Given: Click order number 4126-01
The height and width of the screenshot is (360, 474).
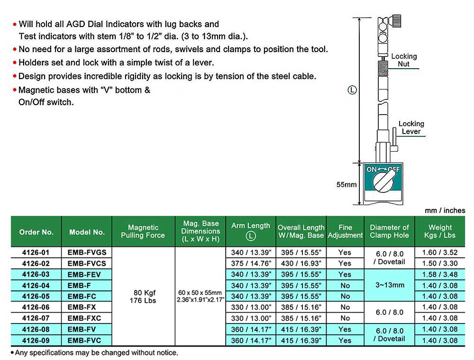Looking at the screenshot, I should tap(36, 252).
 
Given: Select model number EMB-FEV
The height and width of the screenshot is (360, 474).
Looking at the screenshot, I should tap(87, 274).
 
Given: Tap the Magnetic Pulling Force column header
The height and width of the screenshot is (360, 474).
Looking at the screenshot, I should tap(143, 232).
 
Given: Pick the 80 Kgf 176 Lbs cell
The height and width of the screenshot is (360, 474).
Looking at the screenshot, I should tap(143, 297).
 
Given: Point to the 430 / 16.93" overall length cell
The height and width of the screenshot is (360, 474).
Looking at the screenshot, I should tap(301, 263).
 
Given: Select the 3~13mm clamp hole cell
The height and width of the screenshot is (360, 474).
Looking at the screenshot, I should tap(389, 285).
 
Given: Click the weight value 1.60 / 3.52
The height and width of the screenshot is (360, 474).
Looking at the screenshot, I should tap(440, 252).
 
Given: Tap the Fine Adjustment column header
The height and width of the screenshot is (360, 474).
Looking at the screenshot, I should tap(345, 232).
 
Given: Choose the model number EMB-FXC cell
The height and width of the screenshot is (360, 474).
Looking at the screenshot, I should tap(87, 318).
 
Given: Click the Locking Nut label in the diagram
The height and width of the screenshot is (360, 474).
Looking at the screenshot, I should tap(404, 60).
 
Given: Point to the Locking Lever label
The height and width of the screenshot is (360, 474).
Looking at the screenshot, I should tap(411, 127).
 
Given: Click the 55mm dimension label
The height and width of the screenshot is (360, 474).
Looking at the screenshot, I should tap(346, 185).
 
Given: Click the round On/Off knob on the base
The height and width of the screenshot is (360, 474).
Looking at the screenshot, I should tap(383, 181).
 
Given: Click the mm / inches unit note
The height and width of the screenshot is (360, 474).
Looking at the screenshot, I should tap(445, 210).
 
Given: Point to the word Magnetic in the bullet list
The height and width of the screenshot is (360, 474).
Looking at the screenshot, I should tap(35, 90).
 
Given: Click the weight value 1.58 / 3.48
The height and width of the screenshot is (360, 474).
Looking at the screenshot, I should tap(440, 274).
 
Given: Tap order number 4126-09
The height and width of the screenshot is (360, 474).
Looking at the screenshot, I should tap(36, 340).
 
